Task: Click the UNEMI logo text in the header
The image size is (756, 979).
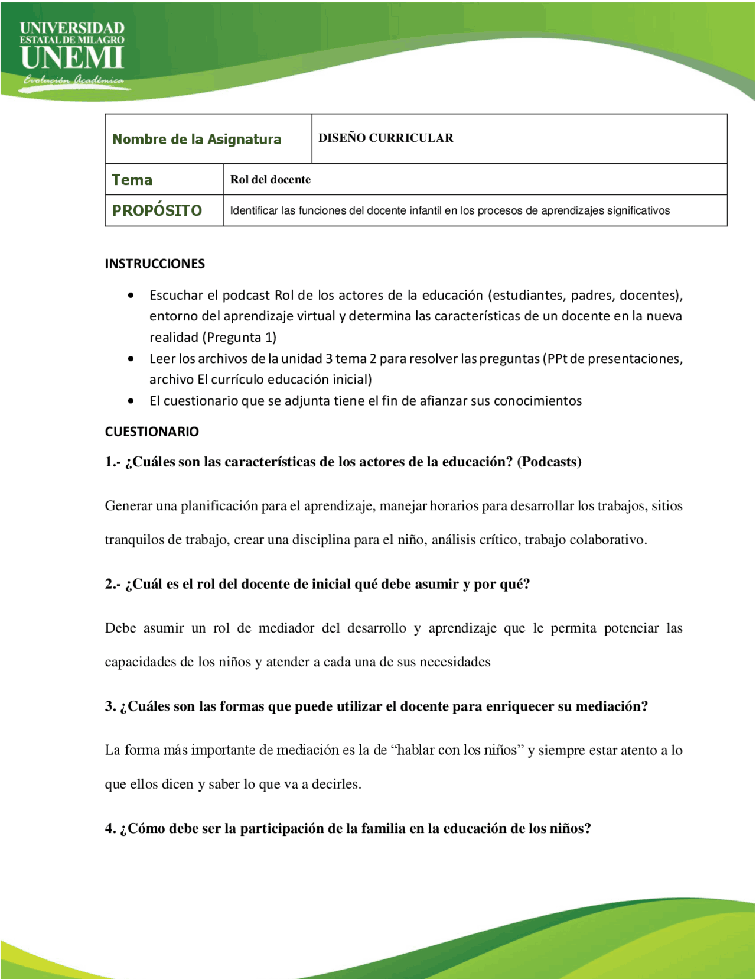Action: coord(72,57)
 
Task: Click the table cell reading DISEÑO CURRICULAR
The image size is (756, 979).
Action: coord(386,138)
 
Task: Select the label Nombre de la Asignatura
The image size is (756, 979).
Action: coord(197,140)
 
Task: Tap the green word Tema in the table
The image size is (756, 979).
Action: coord(132,180)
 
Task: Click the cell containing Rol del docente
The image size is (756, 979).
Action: coord(271,180)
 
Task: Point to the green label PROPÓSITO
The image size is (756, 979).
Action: coord(157,210)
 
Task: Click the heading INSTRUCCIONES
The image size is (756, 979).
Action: coord(155,264)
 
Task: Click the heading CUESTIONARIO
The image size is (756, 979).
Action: coord(152,432)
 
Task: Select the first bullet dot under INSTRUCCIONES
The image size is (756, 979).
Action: coord(131,295)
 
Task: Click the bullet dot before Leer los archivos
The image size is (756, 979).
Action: coord(131,359)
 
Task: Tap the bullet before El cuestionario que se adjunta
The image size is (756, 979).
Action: coord(131,401)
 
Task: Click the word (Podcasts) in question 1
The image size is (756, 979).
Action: coord(549,462)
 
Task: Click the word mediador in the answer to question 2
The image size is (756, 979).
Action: coord(286,628)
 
